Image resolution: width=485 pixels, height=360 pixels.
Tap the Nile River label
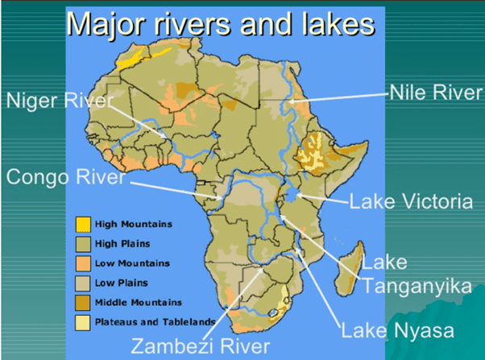point(435,93)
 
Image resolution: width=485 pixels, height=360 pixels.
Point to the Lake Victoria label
point(411,201)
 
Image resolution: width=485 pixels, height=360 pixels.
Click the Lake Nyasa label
point(398,330)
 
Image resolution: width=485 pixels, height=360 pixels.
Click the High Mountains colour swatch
point(82,224)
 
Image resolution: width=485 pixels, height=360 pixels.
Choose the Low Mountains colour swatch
point(82,263)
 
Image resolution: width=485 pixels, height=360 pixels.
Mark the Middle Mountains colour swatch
point(82,302)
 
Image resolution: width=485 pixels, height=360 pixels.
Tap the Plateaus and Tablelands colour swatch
point(82,321)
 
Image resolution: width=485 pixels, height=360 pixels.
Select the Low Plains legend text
point(120,283)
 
